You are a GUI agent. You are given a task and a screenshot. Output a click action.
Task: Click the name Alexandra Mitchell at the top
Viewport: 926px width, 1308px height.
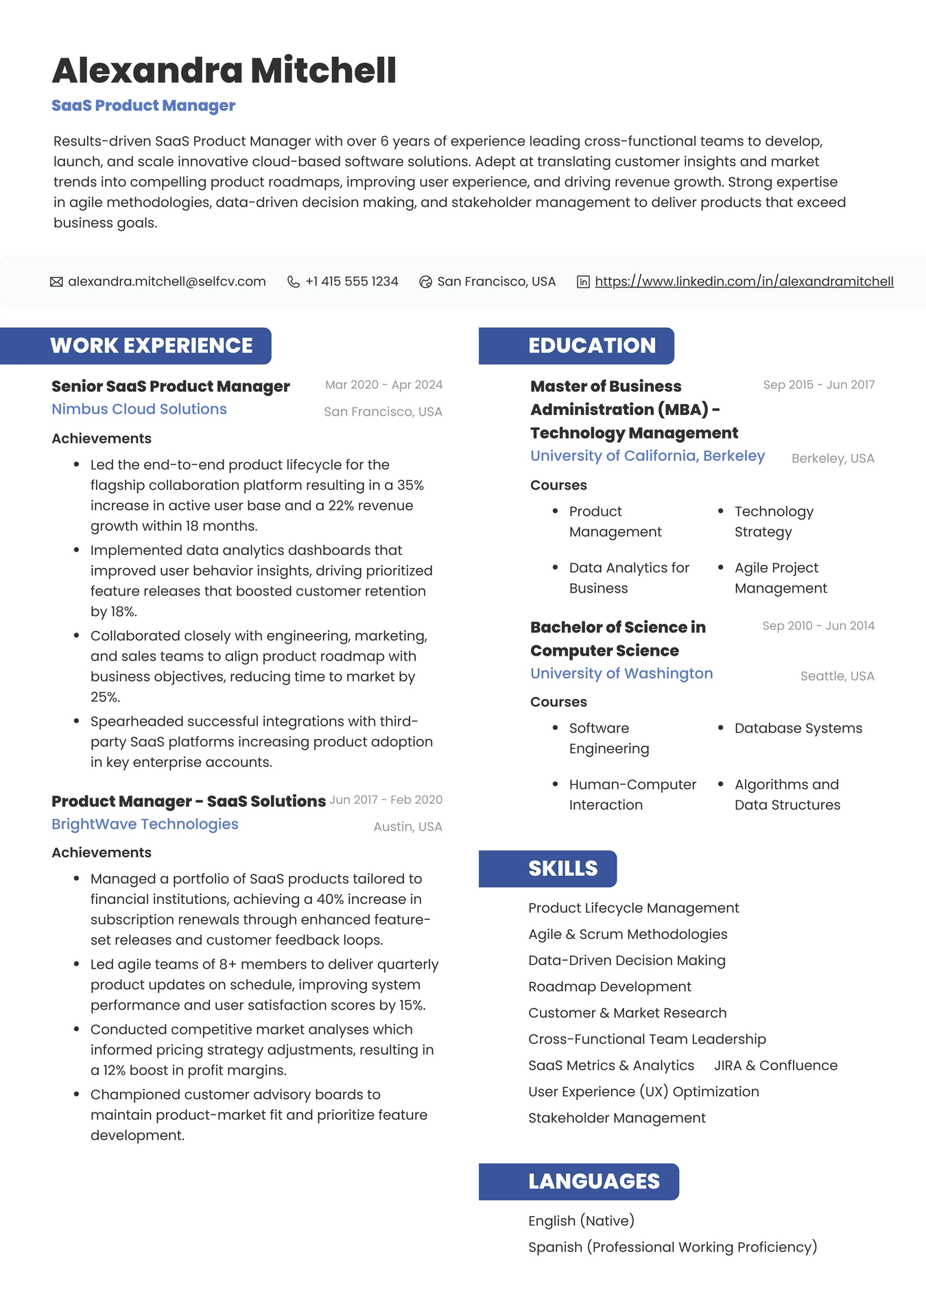224,71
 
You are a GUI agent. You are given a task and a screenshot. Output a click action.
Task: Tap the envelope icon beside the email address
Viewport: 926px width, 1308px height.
56,282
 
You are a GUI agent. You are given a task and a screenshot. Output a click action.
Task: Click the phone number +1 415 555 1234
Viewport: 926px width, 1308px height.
351,282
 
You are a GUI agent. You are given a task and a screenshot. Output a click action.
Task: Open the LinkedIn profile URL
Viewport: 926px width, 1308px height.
744,282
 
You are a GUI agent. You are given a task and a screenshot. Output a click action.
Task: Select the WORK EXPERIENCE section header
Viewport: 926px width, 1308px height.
151,346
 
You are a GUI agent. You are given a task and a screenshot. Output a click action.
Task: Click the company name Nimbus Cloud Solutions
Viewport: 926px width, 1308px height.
139,409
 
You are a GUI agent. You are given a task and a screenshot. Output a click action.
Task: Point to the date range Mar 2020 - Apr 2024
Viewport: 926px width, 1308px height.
383,385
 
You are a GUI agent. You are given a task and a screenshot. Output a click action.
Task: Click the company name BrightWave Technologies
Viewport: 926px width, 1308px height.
145,824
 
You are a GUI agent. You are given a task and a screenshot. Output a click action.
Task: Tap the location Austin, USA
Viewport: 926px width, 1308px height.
407,827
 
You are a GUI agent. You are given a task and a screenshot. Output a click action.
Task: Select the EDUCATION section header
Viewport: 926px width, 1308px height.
591,346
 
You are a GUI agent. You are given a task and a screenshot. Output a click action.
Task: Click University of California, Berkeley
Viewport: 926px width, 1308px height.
647,456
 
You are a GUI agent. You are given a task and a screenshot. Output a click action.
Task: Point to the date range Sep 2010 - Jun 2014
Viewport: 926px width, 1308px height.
818,626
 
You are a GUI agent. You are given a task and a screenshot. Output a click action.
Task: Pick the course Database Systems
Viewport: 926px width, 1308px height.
798,728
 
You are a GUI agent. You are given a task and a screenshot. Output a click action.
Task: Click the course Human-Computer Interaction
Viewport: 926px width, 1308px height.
632,795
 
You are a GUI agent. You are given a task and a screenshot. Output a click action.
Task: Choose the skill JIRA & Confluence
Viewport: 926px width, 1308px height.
775,1066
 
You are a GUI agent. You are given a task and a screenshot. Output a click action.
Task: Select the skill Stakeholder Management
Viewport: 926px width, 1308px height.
617,1119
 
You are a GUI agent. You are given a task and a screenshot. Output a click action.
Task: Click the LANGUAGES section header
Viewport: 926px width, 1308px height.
593,1182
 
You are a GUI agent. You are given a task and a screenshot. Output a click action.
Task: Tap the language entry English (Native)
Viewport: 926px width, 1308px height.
581,1222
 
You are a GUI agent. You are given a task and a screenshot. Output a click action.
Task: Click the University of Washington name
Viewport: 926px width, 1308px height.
621,674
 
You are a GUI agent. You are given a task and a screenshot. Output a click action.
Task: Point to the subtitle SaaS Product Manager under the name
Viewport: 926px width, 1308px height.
143,106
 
